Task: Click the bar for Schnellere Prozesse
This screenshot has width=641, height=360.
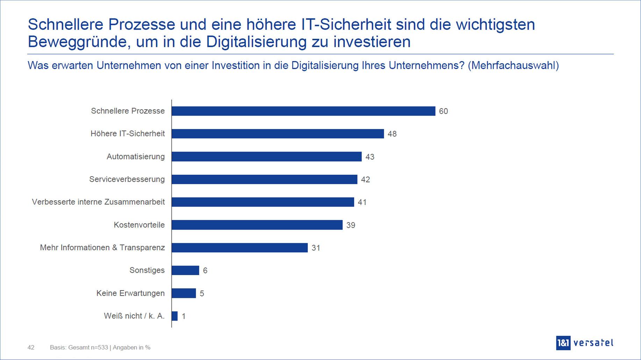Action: [x=303, y=111]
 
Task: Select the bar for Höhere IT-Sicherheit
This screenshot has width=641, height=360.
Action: [x=278, y=134]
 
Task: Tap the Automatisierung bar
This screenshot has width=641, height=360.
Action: [x=267, y=157]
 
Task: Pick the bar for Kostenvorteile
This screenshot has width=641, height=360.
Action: [x=257, y=225]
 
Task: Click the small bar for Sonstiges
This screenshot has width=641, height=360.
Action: [x=185, y=271]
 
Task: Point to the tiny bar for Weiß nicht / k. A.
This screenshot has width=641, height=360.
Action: [x=175, y=316]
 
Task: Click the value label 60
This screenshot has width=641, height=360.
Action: [x=443, y=111]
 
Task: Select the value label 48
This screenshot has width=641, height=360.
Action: [x=392, y=134]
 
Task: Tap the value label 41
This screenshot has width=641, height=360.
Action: [x=362, y=202]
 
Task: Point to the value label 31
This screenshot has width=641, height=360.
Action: [x=316, y=248]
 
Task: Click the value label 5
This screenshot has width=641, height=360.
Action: [x=202, y=294]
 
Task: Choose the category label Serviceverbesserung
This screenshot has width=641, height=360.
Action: [x=127, y=179]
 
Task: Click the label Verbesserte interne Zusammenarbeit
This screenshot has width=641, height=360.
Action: [x=98, y=202]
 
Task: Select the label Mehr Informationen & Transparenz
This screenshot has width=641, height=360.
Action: [x=102, y=248]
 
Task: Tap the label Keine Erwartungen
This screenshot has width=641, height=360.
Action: [x=130, y=293]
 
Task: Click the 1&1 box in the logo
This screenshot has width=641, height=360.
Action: [x=563, y=343]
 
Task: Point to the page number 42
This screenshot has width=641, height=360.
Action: [x=31, y=347]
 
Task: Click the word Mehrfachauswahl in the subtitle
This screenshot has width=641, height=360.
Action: [x=512, y=65]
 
